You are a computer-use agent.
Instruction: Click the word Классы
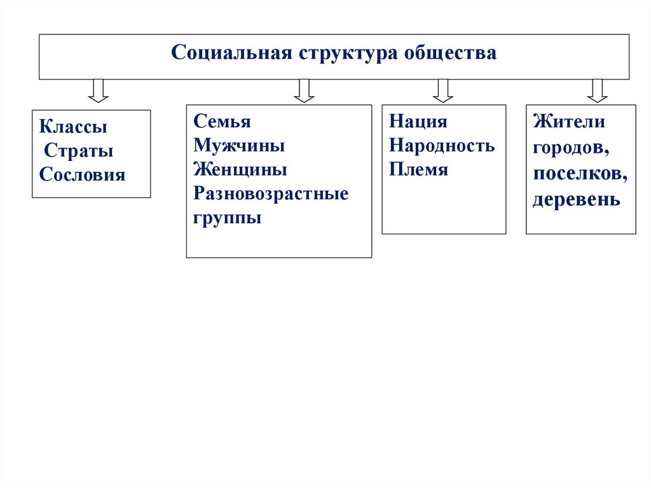pyautogui.click(x=73, y=127)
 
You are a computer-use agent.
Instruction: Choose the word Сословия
pyautogui.click(x=82, y=175)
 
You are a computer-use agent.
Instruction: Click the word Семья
pyautogui.click(x=223, y=122)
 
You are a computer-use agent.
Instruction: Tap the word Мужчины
pyautogui.click(x=239, y=146)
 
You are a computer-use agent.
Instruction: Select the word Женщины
pyautogui.click(x=240, y=170)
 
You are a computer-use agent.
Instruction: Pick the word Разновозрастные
pyautogui.click(x=271, y=194)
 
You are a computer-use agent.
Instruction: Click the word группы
pyautogui.click(x=228, y=218)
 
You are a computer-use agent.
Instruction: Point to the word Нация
pyautogui.click(x=418, y=122)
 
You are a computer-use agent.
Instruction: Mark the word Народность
pyautogui.click(x=442, y=146)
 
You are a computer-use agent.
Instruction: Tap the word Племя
pyautogui.click(x=419, y=170)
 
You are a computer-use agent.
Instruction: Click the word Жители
pyautogui.click(x=569, y=122)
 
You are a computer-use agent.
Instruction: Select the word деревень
pyautogui.click(x=577, y=200)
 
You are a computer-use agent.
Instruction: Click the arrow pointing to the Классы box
pyautogui.click(x=98, y=90)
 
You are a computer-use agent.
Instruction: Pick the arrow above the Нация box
pyautogui.click(x=442, y=90)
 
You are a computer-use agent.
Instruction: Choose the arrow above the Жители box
pyautogui.click(x=597, y=90)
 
